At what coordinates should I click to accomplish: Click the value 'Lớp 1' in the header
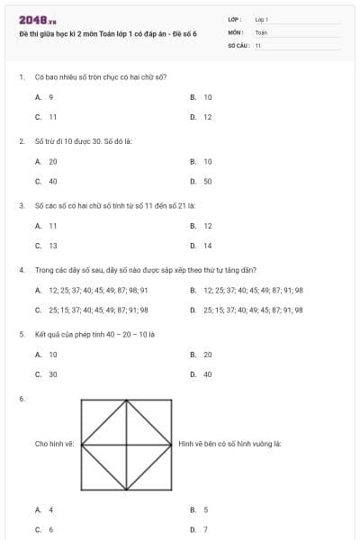[262, 18]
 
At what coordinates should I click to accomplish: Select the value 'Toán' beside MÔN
[261, 31]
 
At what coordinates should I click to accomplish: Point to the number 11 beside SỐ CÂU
[257, 44]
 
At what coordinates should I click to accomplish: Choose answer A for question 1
[45, 96]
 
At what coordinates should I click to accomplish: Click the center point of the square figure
[126, 444]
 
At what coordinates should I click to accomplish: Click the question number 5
[21, 334]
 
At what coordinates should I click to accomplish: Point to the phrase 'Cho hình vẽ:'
[55, 444]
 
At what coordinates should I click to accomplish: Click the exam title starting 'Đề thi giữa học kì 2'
[107, 32]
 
